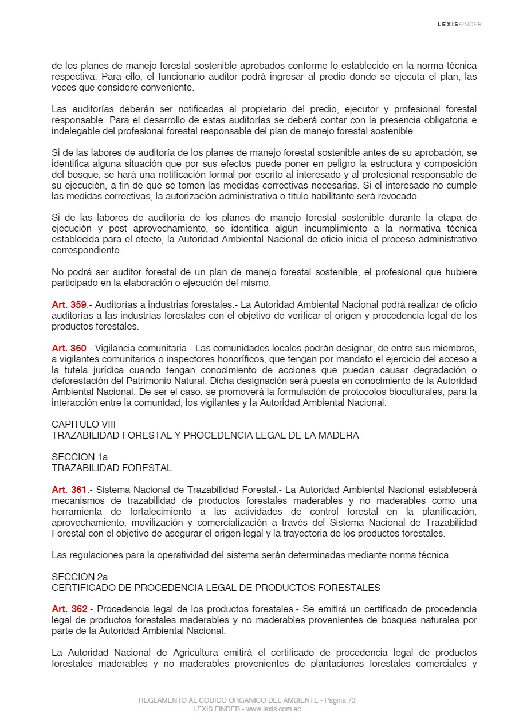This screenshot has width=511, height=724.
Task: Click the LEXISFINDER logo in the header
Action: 459,24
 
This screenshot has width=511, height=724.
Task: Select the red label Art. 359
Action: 69,304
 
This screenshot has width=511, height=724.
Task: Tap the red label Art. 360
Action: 69,348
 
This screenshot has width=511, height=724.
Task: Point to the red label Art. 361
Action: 69,490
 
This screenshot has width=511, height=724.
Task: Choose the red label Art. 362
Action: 69,609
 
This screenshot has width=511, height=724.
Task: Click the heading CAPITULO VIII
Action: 84,424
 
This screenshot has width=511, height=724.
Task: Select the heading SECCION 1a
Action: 80,457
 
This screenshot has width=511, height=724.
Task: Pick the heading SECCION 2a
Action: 80,577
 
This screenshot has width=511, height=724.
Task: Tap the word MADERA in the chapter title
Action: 340,435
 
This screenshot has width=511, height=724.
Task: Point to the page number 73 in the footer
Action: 351,700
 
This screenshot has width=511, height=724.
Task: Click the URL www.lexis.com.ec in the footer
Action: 273,709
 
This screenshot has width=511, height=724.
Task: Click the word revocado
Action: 400,196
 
